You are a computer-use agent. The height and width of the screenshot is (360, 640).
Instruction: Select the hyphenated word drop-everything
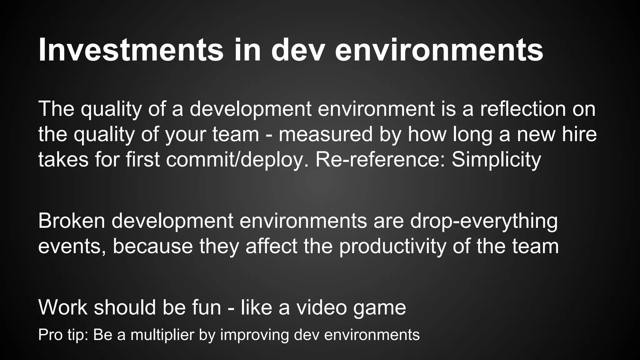pos(484,221)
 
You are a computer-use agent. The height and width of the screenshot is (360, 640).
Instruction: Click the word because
pos(153,246)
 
